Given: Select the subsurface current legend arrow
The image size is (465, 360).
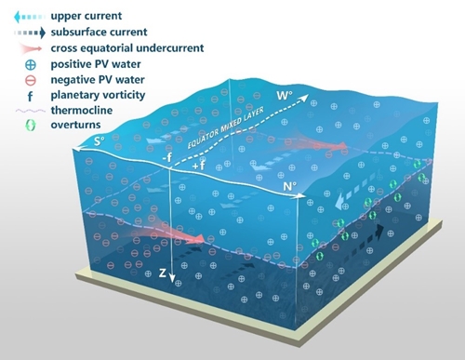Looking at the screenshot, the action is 30,33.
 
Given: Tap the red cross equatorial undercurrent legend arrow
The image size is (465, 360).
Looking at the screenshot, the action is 30,48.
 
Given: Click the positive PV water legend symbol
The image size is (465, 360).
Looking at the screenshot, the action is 31,65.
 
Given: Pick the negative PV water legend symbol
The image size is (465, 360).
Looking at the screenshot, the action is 31,81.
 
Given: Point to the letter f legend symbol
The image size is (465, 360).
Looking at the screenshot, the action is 30,96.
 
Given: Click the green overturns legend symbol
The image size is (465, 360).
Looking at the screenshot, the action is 31,125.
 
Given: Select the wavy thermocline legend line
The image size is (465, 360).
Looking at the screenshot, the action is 30,111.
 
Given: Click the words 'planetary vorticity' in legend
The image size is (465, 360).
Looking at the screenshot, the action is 98,95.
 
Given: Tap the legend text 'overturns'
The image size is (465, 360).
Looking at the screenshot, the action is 75,125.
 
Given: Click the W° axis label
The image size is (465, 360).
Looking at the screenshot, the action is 285,95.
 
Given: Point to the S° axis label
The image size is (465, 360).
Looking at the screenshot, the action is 100,141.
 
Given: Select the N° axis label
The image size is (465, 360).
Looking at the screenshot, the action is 289,187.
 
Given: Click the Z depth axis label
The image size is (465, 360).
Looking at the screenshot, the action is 163,273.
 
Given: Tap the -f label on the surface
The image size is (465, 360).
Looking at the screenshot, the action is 166,157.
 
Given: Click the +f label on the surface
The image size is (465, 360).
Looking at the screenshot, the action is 199,166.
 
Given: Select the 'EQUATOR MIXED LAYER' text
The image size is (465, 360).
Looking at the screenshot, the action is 226,127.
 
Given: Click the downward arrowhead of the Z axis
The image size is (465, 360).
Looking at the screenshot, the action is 172,279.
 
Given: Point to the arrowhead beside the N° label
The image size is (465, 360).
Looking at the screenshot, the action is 302,195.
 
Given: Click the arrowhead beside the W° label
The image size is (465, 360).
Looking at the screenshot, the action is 305,98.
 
